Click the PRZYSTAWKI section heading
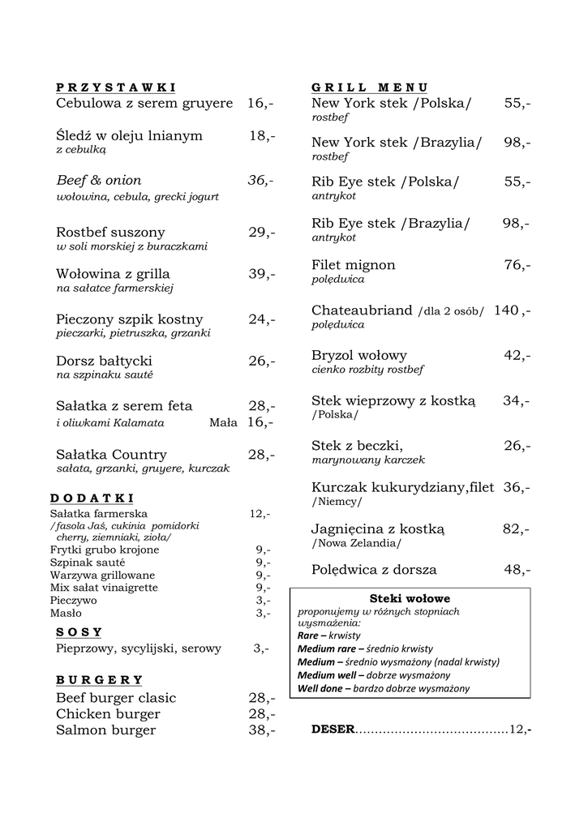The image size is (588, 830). [x=116, y=88]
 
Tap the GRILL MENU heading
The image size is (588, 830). [x=370, y=88]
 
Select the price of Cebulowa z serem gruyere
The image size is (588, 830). [x=260, y=104]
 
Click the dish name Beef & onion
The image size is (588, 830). [x=99, y=180]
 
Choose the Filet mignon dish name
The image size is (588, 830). [x=354, y=265]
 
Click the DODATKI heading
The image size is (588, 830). [x=92, y=498]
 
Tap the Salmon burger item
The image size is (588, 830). [x=105, y=730]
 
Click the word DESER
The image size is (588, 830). [x=333, y=729]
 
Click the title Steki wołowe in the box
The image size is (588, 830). [x=410, y=598]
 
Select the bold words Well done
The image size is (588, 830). [x=321, y=689]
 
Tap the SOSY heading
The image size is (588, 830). [x=79, y=632]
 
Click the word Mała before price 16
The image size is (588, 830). [x=223, y=422]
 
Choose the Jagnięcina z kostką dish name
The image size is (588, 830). [x=378, y=529]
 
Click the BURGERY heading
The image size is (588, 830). [x=100, y=679]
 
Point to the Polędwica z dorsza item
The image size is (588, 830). [x=374, y=570]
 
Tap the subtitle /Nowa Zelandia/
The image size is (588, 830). [x=356, y=543]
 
